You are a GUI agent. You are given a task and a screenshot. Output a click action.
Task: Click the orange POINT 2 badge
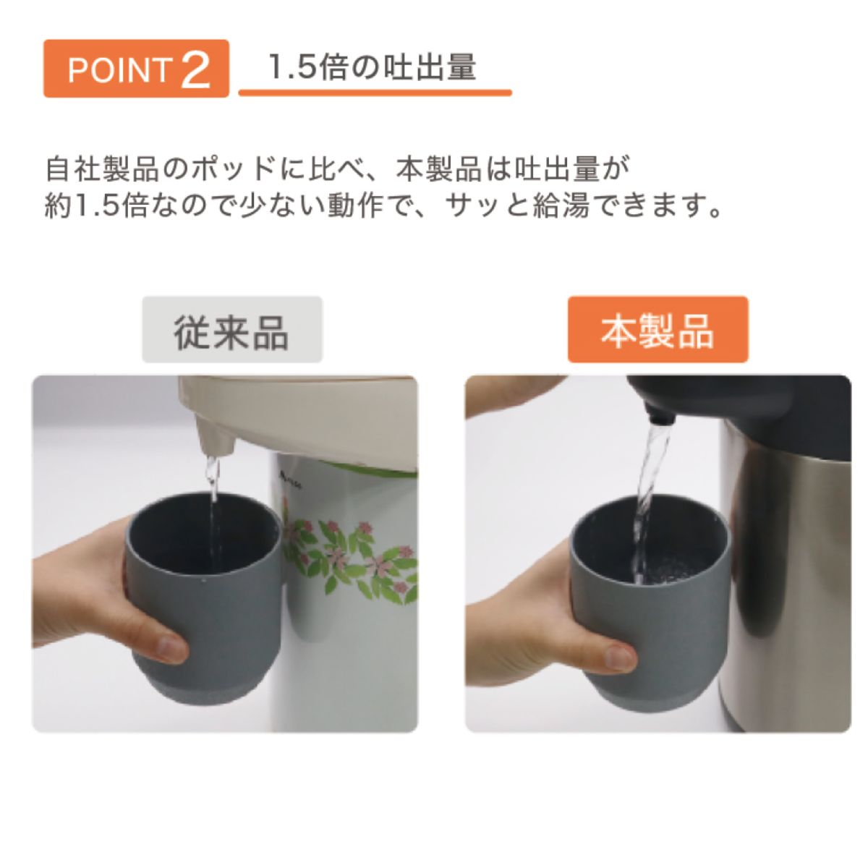(136, 69)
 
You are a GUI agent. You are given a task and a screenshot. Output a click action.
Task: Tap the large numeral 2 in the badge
(195, 69)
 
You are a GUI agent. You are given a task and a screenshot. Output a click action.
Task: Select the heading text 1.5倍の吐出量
(372, 67)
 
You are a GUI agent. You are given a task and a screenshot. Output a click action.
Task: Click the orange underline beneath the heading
(375, 93)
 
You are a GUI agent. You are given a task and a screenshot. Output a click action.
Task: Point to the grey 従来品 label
(232, 329)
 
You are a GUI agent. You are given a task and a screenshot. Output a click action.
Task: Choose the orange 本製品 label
(658, 329)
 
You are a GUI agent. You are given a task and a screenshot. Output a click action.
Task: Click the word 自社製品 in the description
(102, 169)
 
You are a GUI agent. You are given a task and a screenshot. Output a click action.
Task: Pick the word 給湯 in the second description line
(561, 206)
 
